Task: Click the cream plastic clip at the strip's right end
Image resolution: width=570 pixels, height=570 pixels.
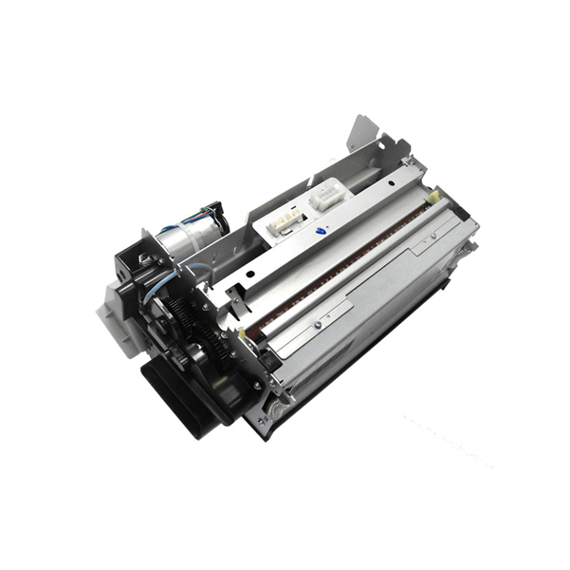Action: click(432, 199)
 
